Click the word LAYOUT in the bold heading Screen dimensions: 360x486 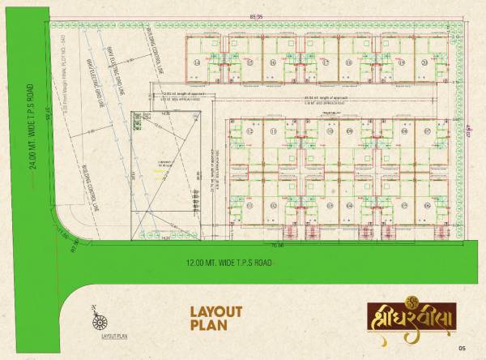(x=216, y=311)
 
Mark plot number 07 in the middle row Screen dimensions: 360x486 (x=427, y=131)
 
